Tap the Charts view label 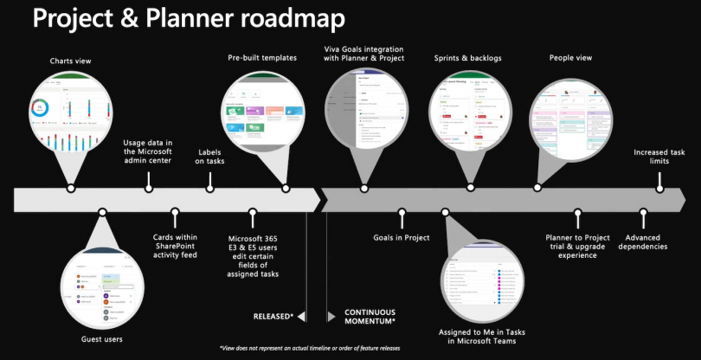point(71,61)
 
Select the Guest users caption point(103,339)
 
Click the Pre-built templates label point(262,59)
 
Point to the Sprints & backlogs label point(468,59)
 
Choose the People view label point(570,59)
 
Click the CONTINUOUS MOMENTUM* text point(370,317)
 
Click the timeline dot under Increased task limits point(662,187)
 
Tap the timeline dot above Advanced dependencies point(644,211)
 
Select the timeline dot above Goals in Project point(402,211)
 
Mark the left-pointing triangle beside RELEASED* point(301,317)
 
